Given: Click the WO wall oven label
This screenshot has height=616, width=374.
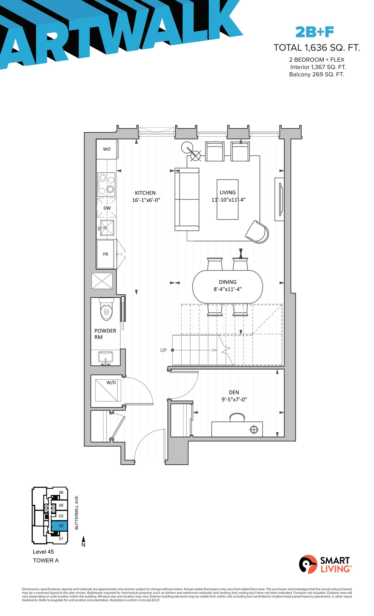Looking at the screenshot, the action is (107, 149).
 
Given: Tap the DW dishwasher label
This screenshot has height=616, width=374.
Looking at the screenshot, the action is (107, 208).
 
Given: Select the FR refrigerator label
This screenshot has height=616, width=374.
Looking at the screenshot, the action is (105, 254).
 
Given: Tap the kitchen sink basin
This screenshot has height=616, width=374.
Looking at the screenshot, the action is (107, 228).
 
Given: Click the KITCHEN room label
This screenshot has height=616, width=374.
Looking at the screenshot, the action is (145, 193).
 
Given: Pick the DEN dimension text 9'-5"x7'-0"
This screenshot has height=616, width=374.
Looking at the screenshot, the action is (234, 399).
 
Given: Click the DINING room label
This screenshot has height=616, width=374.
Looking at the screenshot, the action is (228, 282).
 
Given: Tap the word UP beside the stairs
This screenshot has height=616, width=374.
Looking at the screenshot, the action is (163, 350).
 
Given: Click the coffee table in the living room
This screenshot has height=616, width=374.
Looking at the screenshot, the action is (227, 199).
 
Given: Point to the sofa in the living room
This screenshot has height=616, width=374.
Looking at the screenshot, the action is (187, 199).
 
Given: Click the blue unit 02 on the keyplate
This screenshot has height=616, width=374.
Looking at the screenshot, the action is (59, 526).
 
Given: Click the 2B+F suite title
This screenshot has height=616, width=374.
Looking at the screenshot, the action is (315, 32).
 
